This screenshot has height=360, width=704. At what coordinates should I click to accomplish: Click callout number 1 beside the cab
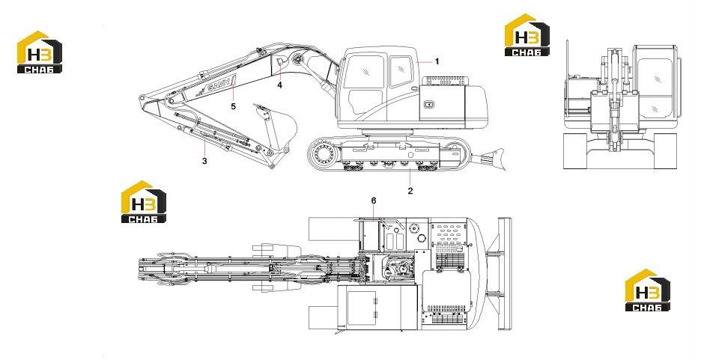point(437,61)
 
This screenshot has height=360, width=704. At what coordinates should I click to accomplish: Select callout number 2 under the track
point(410,190)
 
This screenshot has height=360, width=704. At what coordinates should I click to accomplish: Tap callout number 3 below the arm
point(204,161)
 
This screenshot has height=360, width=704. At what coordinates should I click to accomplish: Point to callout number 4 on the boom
point(279,85)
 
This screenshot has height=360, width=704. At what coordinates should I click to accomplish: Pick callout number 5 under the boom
point(233,106)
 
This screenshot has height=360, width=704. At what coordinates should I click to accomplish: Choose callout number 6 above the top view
point(374,201)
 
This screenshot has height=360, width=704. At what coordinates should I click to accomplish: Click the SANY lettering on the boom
point(220,85)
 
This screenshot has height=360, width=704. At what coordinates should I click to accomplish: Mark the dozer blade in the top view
point(505,273)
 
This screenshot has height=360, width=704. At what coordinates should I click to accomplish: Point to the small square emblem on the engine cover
point(429,105)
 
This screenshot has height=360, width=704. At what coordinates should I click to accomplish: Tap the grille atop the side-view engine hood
point(448,81)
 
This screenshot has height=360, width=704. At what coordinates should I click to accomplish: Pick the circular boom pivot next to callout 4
point(297,59)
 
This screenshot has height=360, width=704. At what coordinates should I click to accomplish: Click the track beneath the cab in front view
point(665,151)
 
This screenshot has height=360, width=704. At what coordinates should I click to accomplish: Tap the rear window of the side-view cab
point(400,71)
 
